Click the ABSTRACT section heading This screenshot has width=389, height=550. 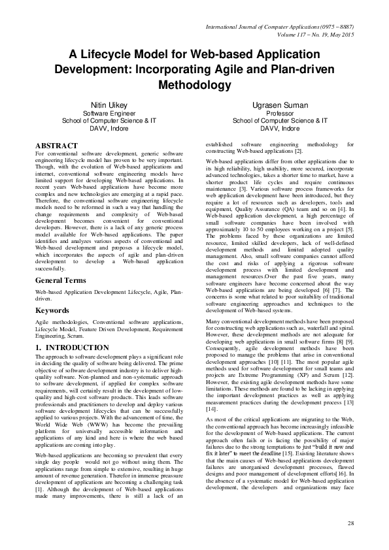(57, 146)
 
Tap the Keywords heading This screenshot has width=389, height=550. (52, 310)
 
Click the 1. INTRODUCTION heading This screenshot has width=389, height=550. (73, 348)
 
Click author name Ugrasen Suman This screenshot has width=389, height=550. (279, 105)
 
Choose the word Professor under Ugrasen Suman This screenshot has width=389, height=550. (279, 113)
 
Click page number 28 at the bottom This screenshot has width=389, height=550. (350, 524)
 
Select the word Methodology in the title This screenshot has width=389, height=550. (194, 85)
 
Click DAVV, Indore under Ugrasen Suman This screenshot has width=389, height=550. (279, 129)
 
